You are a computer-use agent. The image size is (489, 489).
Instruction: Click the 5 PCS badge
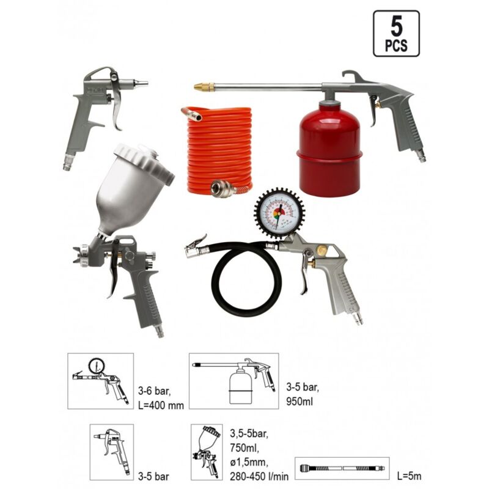coord(396,34)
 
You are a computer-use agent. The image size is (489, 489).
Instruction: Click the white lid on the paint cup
coord(143,162)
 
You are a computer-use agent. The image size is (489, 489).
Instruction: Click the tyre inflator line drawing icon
coord(100,380)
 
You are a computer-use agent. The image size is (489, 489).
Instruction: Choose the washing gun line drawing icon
coord(233,380)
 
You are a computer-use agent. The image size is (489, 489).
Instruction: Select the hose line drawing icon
coord(339,468)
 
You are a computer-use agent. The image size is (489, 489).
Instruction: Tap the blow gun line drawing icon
coord(111,452)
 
